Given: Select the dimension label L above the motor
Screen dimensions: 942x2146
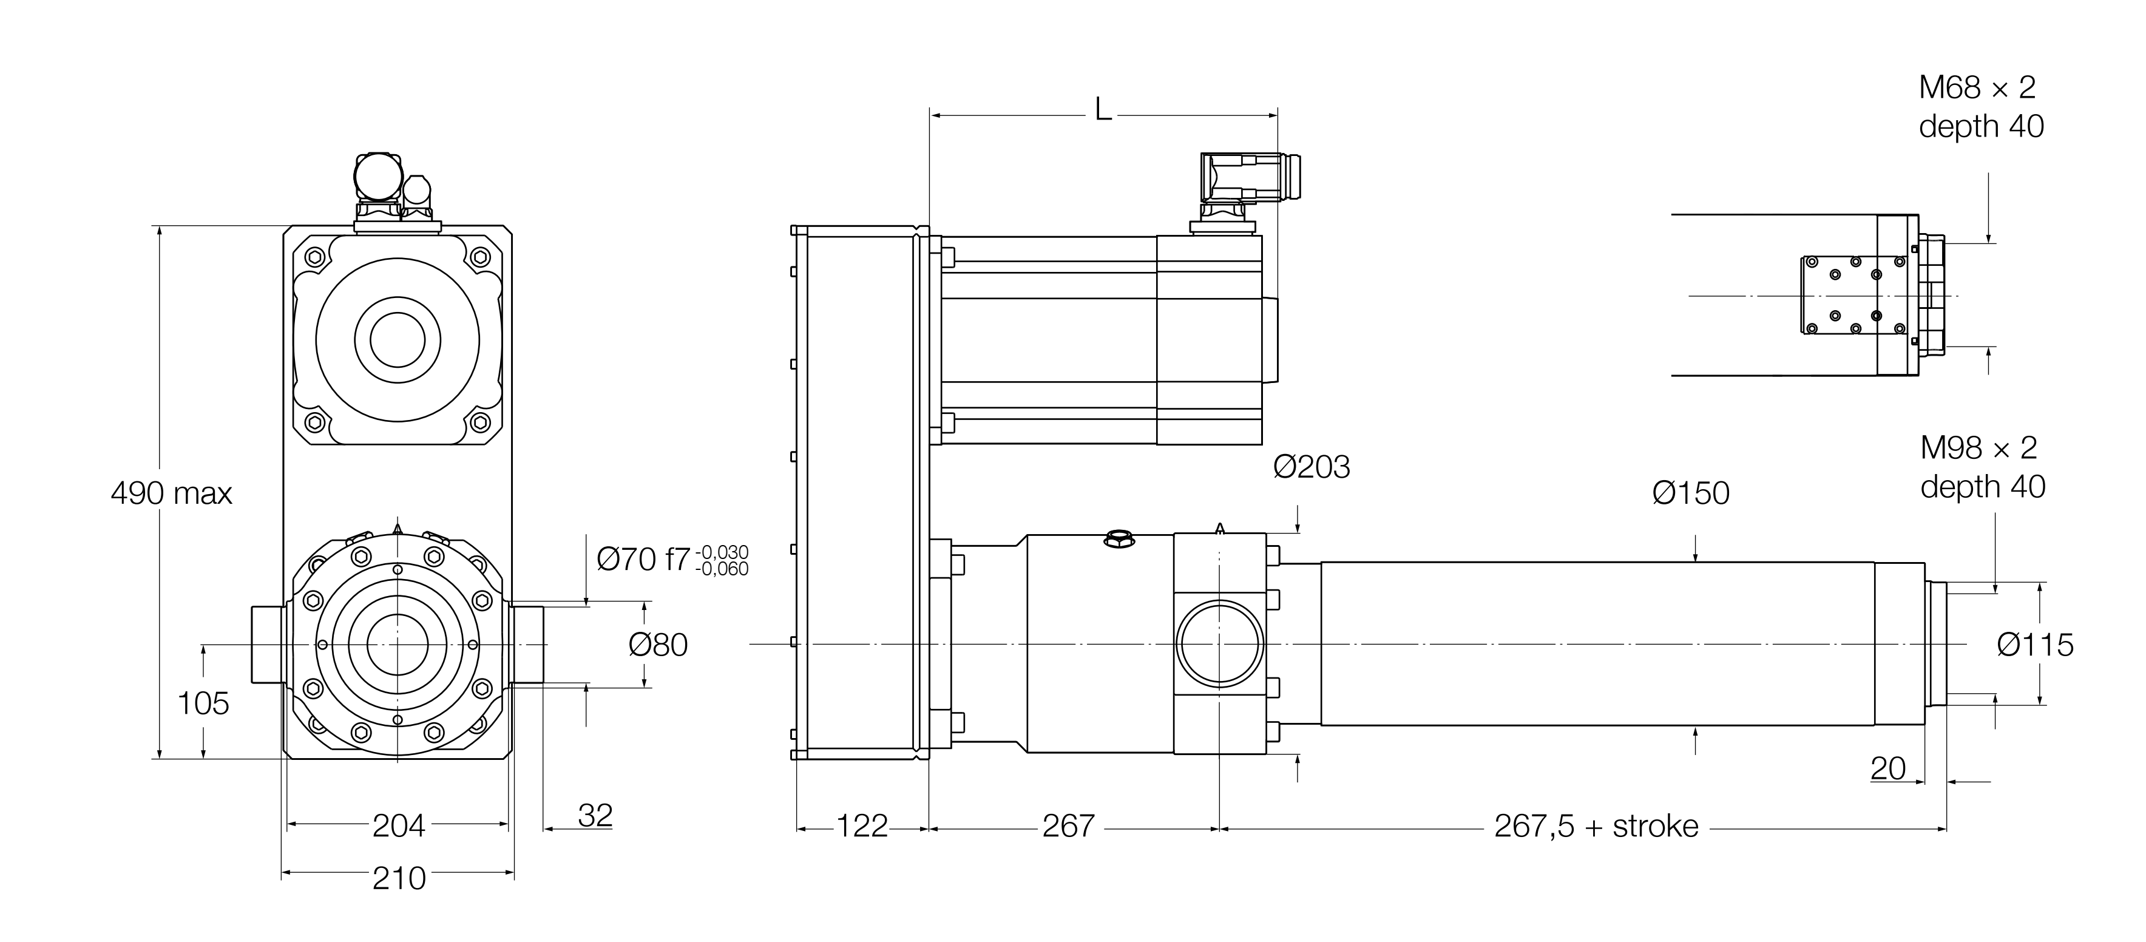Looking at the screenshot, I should [1103, 109].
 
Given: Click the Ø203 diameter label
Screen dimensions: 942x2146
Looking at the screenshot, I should [1312, 467].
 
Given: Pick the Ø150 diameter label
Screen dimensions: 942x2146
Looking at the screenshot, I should [1690, 493].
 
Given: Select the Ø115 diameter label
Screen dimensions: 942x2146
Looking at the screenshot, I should [2034, 645].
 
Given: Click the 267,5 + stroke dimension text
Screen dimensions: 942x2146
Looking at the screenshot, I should [1596, 826].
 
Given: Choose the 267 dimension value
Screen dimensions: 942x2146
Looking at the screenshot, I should [1068, 826].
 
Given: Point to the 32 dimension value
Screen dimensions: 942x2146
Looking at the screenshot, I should [595, 815].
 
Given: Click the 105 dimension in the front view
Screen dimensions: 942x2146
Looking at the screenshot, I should [203, 704].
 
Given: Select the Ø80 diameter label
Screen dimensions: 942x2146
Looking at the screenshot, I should [657, 645].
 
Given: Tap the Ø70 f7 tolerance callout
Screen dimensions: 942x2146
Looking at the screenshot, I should [671, 559].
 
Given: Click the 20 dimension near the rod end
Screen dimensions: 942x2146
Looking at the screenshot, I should [1887, 768].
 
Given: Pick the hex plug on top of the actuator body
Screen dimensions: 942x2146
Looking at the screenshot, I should [1119, 540].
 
